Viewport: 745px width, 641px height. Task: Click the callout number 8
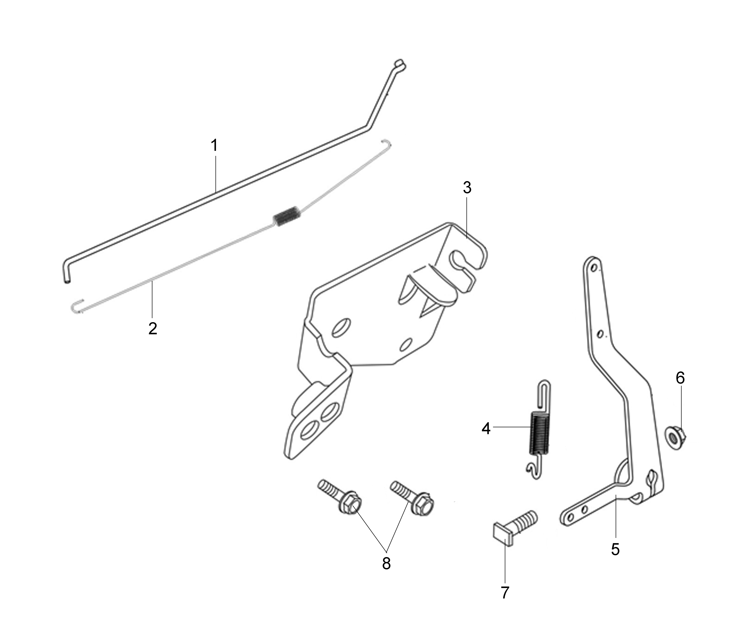(x=386, y=564)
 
